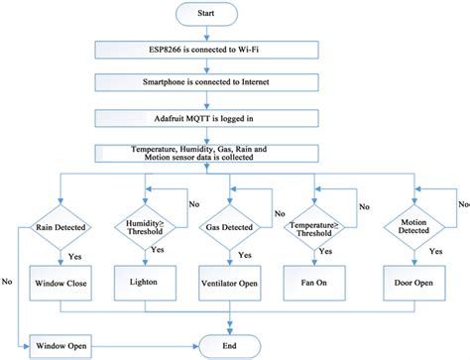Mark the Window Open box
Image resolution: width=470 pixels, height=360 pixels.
coord(60,346)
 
